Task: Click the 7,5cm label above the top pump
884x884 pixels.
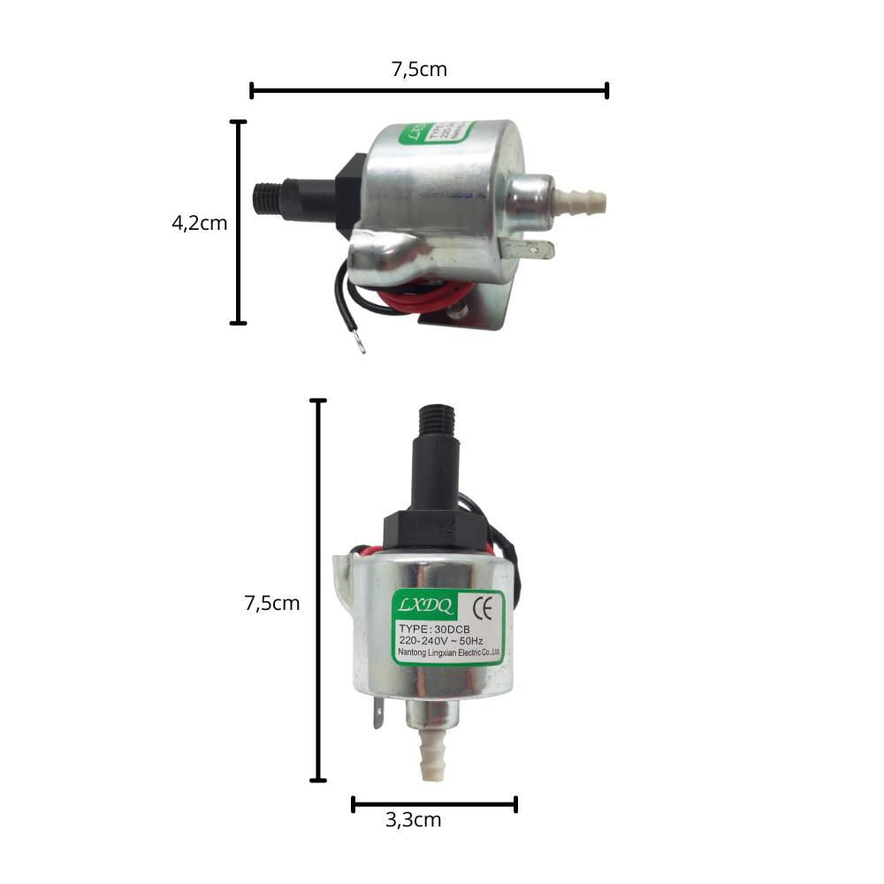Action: pos(419,69)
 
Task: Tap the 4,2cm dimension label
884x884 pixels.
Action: pos(199,223)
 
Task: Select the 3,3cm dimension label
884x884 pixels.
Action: pos(413,820)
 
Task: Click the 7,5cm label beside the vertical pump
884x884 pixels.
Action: pos(271,604)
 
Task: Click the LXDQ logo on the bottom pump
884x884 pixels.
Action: pos(425,606)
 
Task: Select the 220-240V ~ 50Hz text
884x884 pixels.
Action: pos(441,641)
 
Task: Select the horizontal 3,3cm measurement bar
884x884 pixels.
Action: pos(434,804)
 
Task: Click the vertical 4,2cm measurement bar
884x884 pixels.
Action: pos(238,223)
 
